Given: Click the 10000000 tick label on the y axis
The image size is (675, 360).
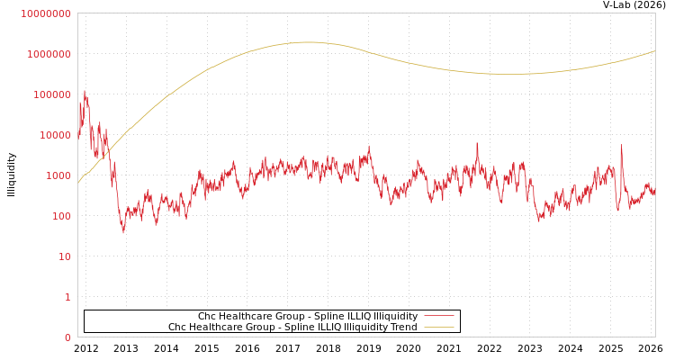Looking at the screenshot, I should pos(45,13).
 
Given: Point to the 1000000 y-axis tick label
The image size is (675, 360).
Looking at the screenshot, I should pos(49,54).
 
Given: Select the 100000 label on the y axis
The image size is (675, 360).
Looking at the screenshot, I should pos(51,94).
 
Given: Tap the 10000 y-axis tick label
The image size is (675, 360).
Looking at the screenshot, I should pos(54,135).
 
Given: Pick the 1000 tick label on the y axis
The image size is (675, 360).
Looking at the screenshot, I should pos(58,175).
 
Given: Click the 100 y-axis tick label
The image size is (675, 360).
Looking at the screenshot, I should pos(60,216).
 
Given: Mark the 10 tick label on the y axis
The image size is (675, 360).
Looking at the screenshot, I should pos(64,256).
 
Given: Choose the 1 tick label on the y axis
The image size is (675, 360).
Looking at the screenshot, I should pos(67,297).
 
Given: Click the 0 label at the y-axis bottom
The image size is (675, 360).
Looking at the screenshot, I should pos(67,337).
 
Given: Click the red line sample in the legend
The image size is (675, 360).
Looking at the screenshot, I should pos(438,316).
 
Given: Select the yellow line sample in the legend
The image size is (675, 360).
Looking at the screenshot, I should pos(438,327).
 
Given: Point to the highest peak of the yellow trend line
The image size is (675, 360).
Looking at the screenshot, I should pos(308,41).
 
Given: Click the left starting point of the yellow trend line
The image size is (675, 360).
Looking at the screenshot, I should pos(78,183).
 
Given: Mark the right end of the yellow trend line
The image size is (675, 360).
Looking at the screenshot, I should pos(654,51).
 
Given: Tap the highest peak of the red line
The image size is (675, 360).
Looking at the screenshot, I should pos(85,90).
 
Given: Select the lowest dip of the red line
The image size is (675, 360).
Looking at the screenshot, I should pos(123,233).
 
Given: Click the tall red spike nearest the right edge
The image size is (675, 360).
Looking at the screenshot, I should pos(621,145).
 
